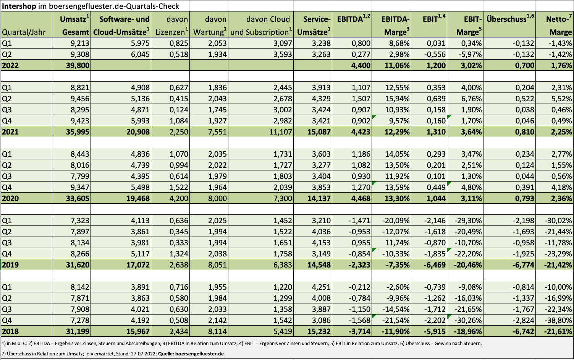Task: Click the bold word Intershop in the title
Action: (19, 6)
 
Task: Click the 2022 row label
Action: (10, 65)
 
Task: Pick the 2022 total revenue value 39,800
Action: (78, 65)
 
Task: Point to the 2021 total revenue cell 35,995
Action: (78, 132)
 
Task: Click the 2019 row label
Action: (10, 264)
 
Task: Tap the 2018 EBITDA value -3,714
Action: (359, 331)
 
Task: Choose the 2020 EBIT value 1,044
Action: (436, 198)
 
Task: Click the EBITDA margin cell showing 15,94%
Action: (397, 99)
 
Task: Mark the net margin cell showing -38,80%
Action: (558, 320)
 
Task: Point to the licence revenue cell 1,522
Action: (179, 187)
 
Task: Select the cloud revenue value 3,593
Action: (282, 54)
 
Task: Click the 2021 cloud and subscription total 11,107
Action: (280, 132)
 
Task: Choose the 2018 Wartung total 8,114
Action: (217, 331)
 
